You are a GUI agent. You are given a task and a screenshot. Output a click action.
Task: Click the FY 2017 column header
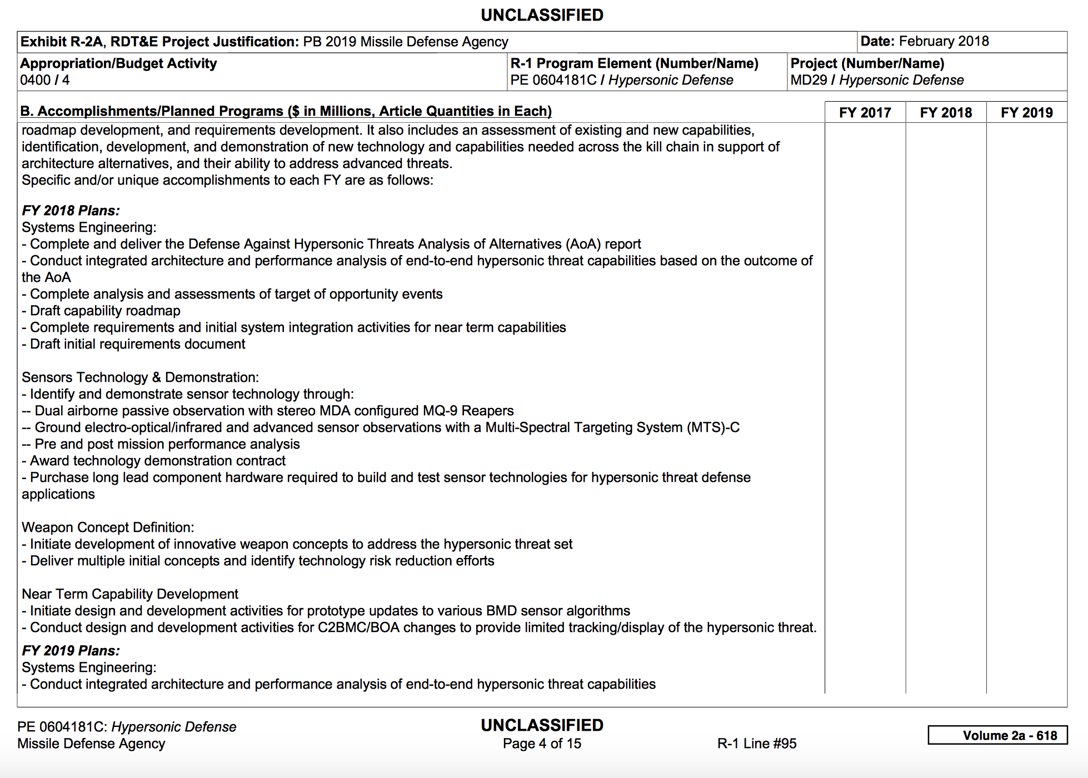click(x=865, y=113)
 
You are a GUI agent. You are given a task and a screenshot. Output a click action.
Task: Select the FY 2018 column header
click(x=946, y=113)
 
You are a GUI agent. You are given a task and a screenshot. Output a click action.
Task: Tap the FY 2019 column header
click(x=1026, y=113)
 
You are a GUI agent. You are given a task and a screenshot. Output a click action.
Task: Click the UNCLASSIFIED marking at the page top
click(x=542, y=15)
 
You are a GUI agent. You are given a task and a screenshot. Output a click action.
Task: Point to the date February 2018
click(x=944, y=41)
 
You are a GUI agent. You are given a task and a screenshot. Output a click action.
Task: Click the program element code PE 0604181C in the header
click(x=553, y=80)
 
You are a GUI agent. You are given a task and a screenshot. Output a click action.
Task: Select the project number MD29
click(x=808, y=80)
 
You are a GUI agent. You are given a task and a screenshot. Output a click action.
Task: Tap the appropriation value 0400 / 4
click(x=45, y=80)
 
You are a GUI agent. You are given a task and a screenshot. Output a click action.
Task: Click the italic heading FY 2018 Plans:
click(x=71, y=211)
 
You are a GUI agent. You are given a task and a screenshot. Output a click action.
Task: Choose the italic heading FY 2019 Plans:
click(x=71, y=651)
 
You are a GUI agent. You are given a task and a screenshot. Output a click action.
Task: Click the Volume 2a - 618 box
click(x=997, y=735)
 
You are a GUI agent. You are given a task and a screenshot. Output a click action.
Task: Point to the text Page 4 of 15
click(x=542, y=744)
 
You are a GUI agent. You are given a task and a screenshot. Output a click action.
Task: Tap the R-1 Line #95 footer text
click(x=757, y=744)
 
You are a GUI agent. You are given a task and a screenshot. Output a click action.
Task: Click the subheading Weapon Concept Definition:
click(x=108, y=527)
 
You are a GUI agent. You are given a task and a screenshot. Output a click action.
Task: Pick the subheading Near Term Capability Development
click(x=130, y=594)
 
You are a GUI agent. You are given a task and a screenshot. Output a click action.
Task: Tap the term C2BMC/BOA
click(x=358, y=627)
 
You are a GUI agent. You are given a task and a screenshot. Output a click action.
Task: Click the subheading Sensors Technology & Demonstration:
click(x=140, y=377)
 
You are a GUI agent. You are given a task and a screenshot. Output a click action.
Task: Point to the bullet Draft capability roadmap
click(x=105, y=311)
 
